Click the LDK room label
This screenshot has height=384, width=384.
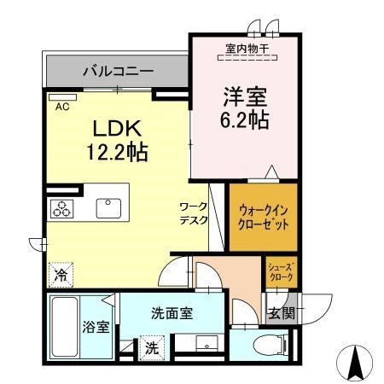point(117,129)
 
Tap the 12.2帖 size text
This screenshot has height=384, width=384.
point(117,152)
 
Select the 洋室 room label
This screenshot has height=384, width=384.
point(245,96)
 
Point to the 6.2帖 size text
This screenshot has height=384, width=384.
point(245,119)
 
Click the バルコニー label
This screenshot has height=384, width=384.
point(119,71)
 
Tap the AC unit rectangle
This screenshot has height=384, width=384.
point(62,97)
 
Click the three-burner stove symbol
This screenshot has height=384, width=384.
point(61,209)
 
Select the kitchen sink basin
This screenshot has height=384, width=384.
point(108,208)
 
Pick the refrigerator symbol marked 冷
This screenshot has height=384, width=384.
point(61,275)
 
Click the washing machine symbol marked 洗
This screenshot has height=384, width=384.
point(152,348)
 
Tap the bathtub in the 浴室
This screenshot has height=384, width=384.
point(65,327)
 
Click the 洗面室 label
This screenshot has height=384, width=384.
point(172,313)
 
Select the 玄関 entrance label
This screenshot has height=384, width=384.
point(282,313)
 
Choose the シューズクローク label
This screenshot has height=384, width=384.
point(281,271)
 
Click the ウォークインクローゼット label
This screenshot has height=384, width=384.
point(264,218)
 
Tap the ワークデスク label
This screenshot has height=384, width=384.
point(194,213)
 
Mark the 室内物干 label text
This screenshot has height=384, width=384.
point(247,49)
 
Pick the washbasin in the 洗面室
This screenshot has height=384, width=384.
point(207,342)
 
